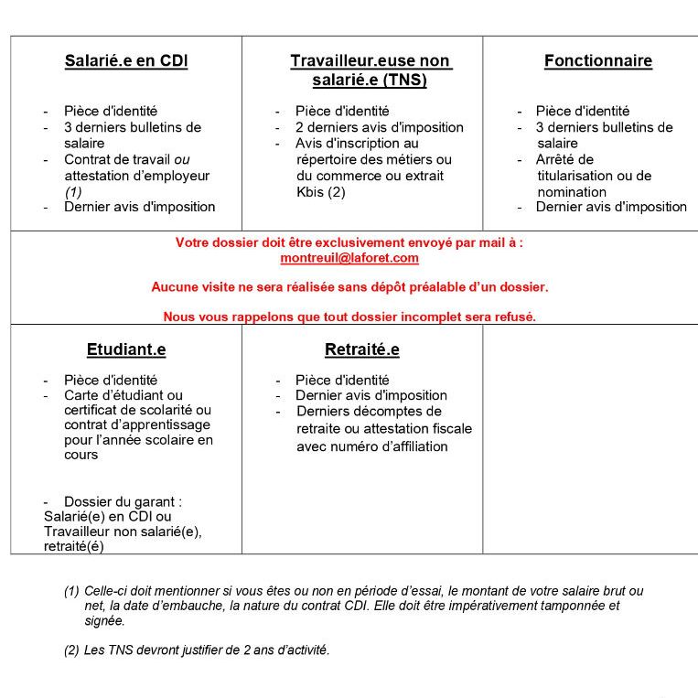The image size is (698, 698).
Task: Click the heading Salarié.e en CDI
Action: (126, 61)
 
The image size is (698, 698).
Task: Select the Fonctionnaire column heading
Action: (597, 61)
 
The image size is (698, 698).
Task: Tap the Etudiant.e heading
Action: (126, 349)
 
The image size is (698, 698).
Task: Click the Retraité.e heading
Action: (361, 349)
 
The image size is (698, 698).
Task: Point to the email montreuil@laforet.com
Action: (349, 258)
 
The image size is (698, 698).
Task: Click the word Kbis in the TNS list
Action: (311, 192)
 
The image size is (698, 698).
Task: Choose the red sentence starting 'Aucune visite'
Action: (349, 287)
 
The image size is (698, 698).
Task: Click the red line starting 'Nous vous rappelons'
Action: (349, 317)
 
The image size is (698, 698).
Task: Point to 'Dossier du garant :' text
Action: (123, 501)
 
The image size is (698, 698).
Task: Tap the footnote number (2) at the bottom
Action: (71, 650)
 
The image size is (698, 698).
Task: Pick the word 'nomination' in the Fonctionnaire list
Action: (572, 192)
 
